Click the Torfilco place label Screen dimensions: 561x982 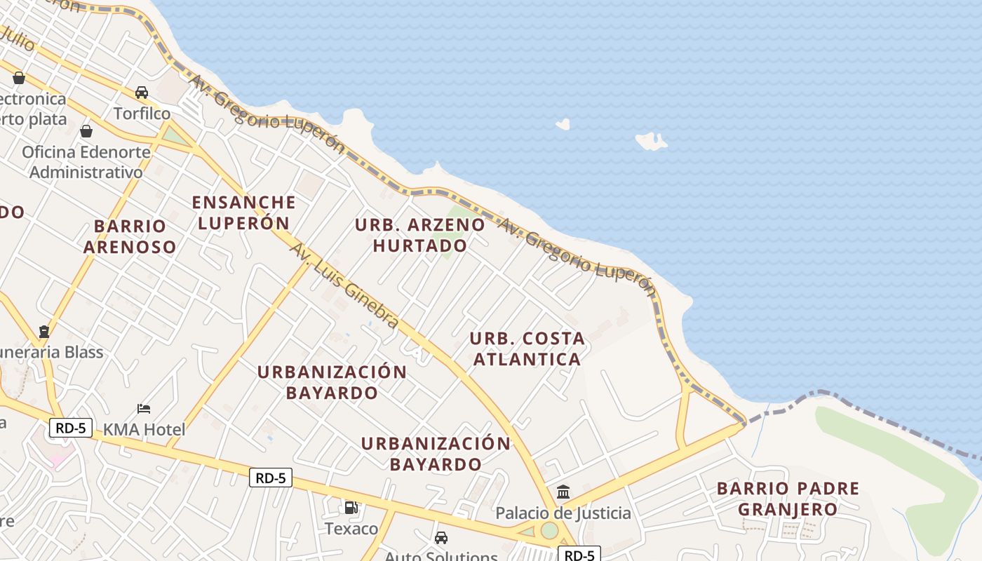tap(142, 114)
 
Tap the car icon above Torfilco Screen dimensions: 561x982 tap(142, 93)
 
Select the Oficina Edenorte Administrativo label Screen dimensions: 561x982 tap(86, 162)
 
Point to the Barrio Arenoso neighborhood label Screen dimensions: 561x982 tap(130, 236)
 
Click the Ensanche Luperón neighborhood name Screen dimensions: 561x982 tap(243, 212)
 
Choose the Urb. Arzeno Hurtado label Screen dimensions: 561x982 tap(419, 235)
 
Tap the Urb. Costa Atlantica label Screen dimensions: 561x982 tap(527, 349)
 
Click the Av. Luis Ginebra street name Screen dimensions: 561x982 tap(344, 286)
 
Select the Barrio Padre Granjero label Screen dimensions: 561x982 tap(788, 499)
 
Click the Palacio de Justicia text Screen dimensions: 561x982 tap(563, 513)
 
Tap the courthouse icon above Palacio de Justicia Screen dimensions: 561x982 tap(563, 492)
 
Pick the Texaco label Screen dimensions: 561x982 tap(351, 528)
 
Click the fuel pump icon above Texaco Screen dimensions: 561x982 tap(351, 507)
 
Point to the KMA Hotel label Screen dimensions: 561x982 tap(144, 430)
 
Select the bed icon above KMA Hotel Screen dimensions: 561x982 tap(144, 409)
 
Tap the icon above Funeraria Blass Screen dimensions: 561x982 tap(44, 331)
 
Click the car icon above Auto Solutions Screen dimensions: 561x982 tap(440, 538)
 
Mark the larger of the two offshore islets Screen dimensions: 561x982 tap(651, 141)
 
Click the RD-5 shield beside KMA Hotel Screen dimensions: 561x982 tap(71, 428)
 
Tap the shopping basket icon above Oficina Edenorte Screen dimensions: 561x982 tap(86, 131)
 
